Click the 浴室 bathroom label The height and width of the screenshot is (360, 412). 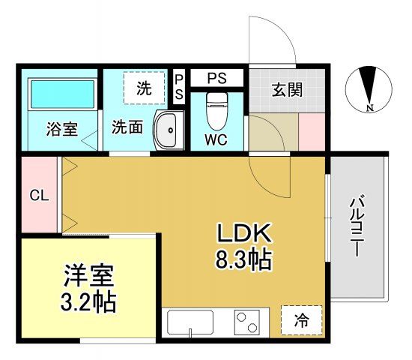point(61,128)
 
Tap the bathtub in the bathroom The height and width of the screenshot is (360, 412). point(62,95)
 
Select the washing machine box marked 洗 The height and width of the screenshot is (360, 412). point(144,88)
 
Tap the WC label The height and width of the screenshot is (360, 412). point(217,139)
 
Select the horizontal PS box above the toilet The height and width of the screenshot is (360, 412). point(216,76)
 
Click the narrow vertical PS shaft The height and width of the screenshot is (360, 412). point(179,88)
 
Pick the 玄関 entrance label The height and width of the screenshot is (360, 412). point(287,91)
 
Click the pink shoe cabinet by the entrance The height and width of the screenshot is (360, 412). point(311,131)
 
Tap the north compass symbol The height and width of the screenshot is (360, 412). point(368,86)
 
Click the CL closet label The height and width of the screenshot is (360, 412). point(39,196)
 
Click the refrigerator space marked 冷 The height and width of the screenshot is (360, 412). point(300,320)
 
